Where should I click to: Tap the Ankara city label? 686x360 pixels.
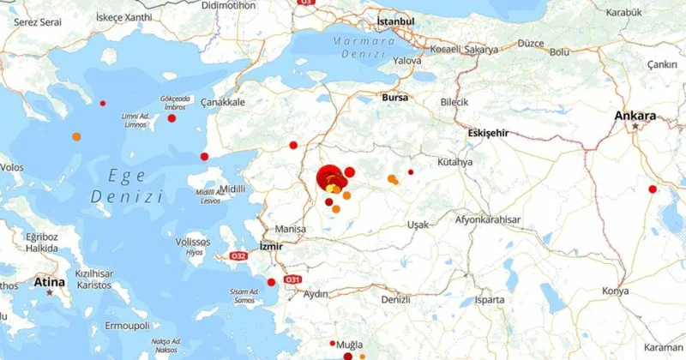[x=635, y=116]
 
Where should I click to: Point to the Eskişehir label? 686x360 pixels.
[x=490, y=133]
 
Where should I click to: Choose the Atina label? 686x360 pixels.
[x=49, y=280]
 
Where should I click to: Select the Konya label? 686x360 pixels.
[x=615, y=290]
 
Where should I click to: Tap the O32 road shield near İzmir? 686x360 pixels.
[x=240, y=255]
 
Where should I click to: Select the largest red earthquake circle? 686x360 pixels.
[x=329, y=178]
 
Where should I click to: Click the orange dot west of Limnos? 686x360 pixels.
[x=76, y=136]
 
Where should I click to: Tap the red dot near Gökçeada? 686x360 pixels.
[x=172, y=118]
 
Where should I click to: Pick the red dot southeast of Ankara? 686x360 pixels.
[x=653, y=189]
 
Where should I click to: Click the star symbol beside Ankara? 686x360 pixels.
[x=635, y=127]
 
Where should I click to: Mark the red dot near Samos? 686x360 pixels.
[x=271, y=282]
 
